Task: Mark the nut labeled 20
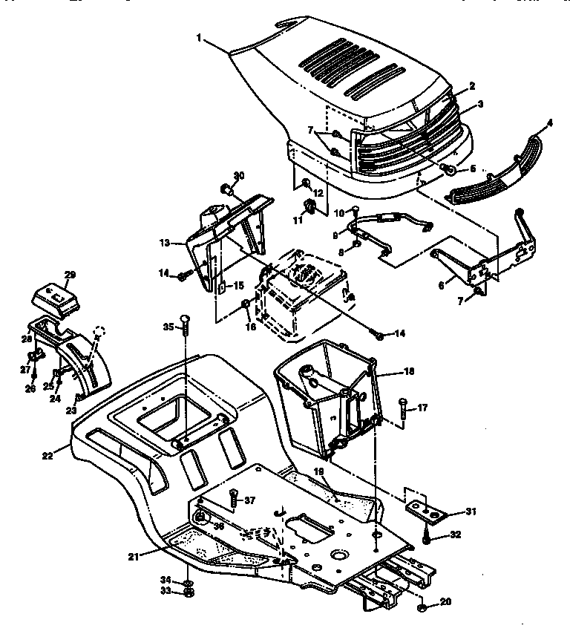point(422,607)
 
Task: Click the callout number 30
point(239,176)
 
